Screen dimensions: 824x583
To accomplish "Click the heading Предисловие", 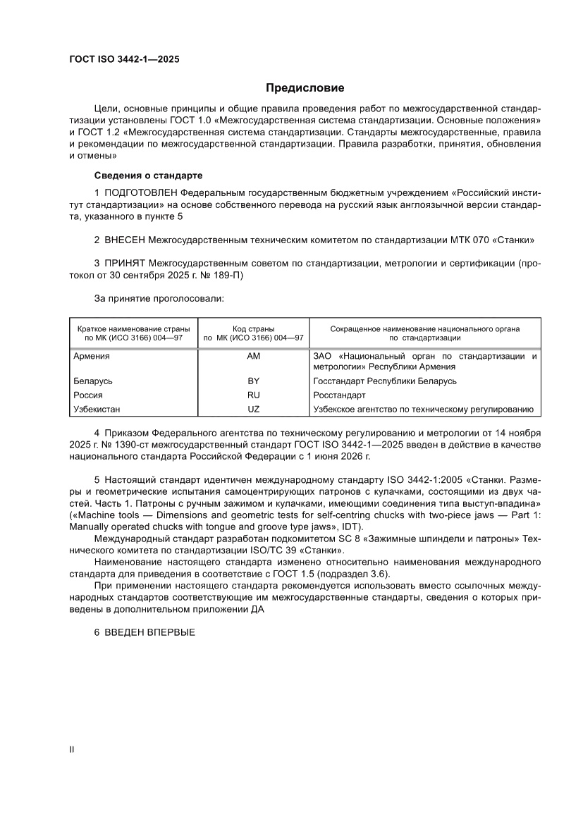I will pyautogui.click(x=305, y=88).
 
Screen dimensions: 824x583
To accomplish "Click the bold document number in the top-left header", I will pyautogui.click(x=123, y=60).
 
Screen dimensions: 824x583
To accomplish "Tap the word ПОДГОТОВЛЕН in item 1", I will pyautogui.click(x=141, y=192).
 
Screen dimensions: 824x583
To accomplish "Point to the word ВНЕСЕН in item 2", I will pyautogui.click(x=126, y=238).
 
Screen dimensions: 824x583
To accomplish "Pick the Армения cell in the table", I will pyautogui.click(x=92, y=356).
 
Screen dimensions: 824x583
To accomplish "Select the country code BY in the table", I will pyautogui.click(x=253, y=381).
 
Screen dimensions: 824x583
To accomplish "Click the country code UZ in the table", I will pyautogui.click(x=253, y=410).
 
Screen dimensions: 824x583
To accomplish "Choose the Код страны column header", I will pyautogui.click(x=253, y=328).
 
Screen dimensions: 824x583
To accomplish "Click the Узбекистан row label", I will pyautogui.click(x=97, y=410).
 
